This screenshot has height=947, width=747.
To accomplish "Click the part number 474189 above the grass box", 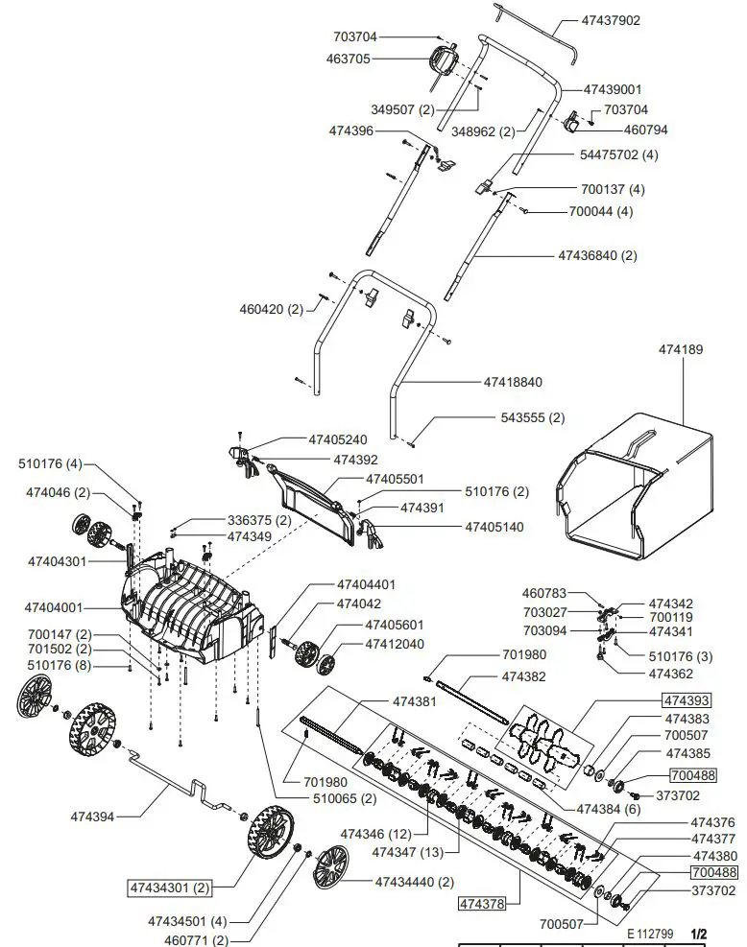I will (x=680, y=349).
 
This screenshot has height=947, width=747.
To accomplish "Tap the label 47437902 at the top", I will (x=624, y=20).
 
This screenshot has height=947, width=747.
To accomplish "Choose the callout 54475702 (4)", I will (x=619, y=154).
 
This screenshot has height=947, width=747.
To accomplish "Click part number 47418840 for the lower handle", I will (x=513, y=382).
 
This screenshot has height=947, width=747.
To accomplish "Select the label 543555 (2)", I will (x=533, y=418).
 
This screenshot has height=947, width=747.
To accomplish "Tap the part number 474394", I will (x=92, y=817).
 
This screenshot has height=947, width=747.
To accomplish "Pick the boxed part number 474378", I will (x=484, y=904).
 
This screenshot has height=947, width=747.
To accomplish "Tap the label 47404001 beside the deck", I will (x=55, y=608).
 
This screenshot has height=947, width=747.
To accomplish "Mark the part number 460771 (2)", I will (x=192, y=939).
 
